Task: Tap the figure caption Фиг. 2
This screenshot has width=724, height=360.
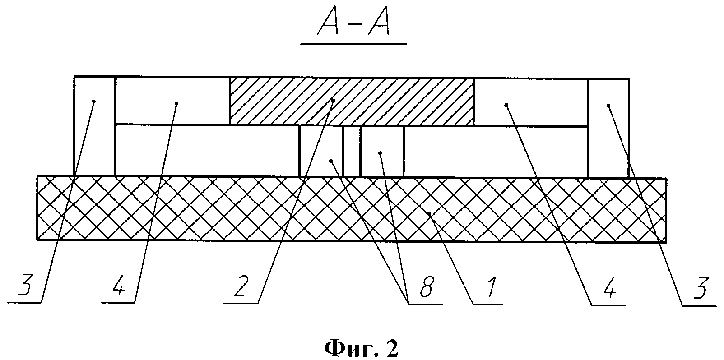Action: [x=362, y=348]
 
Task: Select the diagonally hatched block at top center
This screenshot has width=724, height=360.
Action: [x=352, y=101]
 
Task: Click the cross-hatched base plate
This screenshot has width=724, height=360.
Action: [x=352, y=208]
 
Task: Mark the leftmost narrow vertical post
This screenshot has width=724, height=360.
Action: [x=94, y=126]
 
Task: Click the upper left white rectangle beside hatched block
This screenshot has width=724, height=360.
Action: [x=172, y=100]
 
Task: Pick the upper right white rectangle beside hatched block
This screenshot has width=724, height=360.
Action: [x=530, y=102]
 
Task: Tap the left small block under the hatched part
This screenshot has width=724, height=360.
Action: [x=321, y=151]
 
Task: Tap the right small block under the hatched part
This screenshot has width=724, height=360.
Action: [x=382, y=151]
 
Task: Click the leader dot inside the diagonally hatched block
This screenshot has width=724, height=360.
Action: [x=333, y=100]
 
